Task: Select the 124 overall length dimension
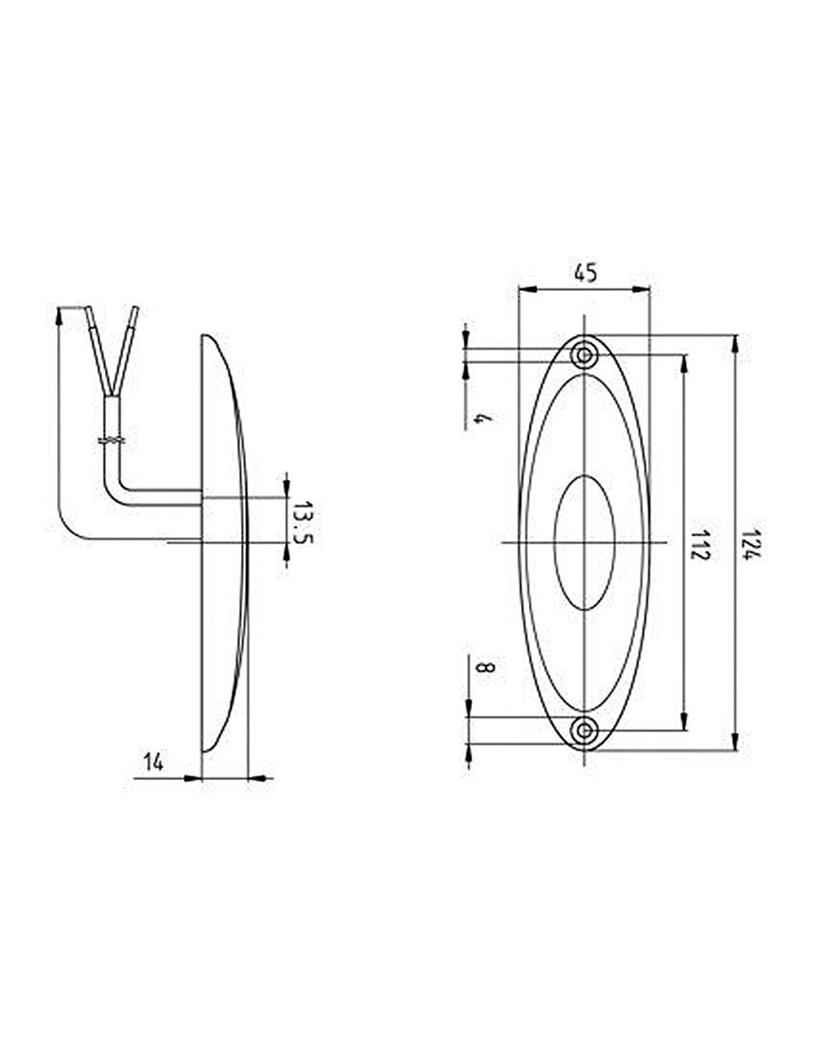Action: click(x=751, y=545)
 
